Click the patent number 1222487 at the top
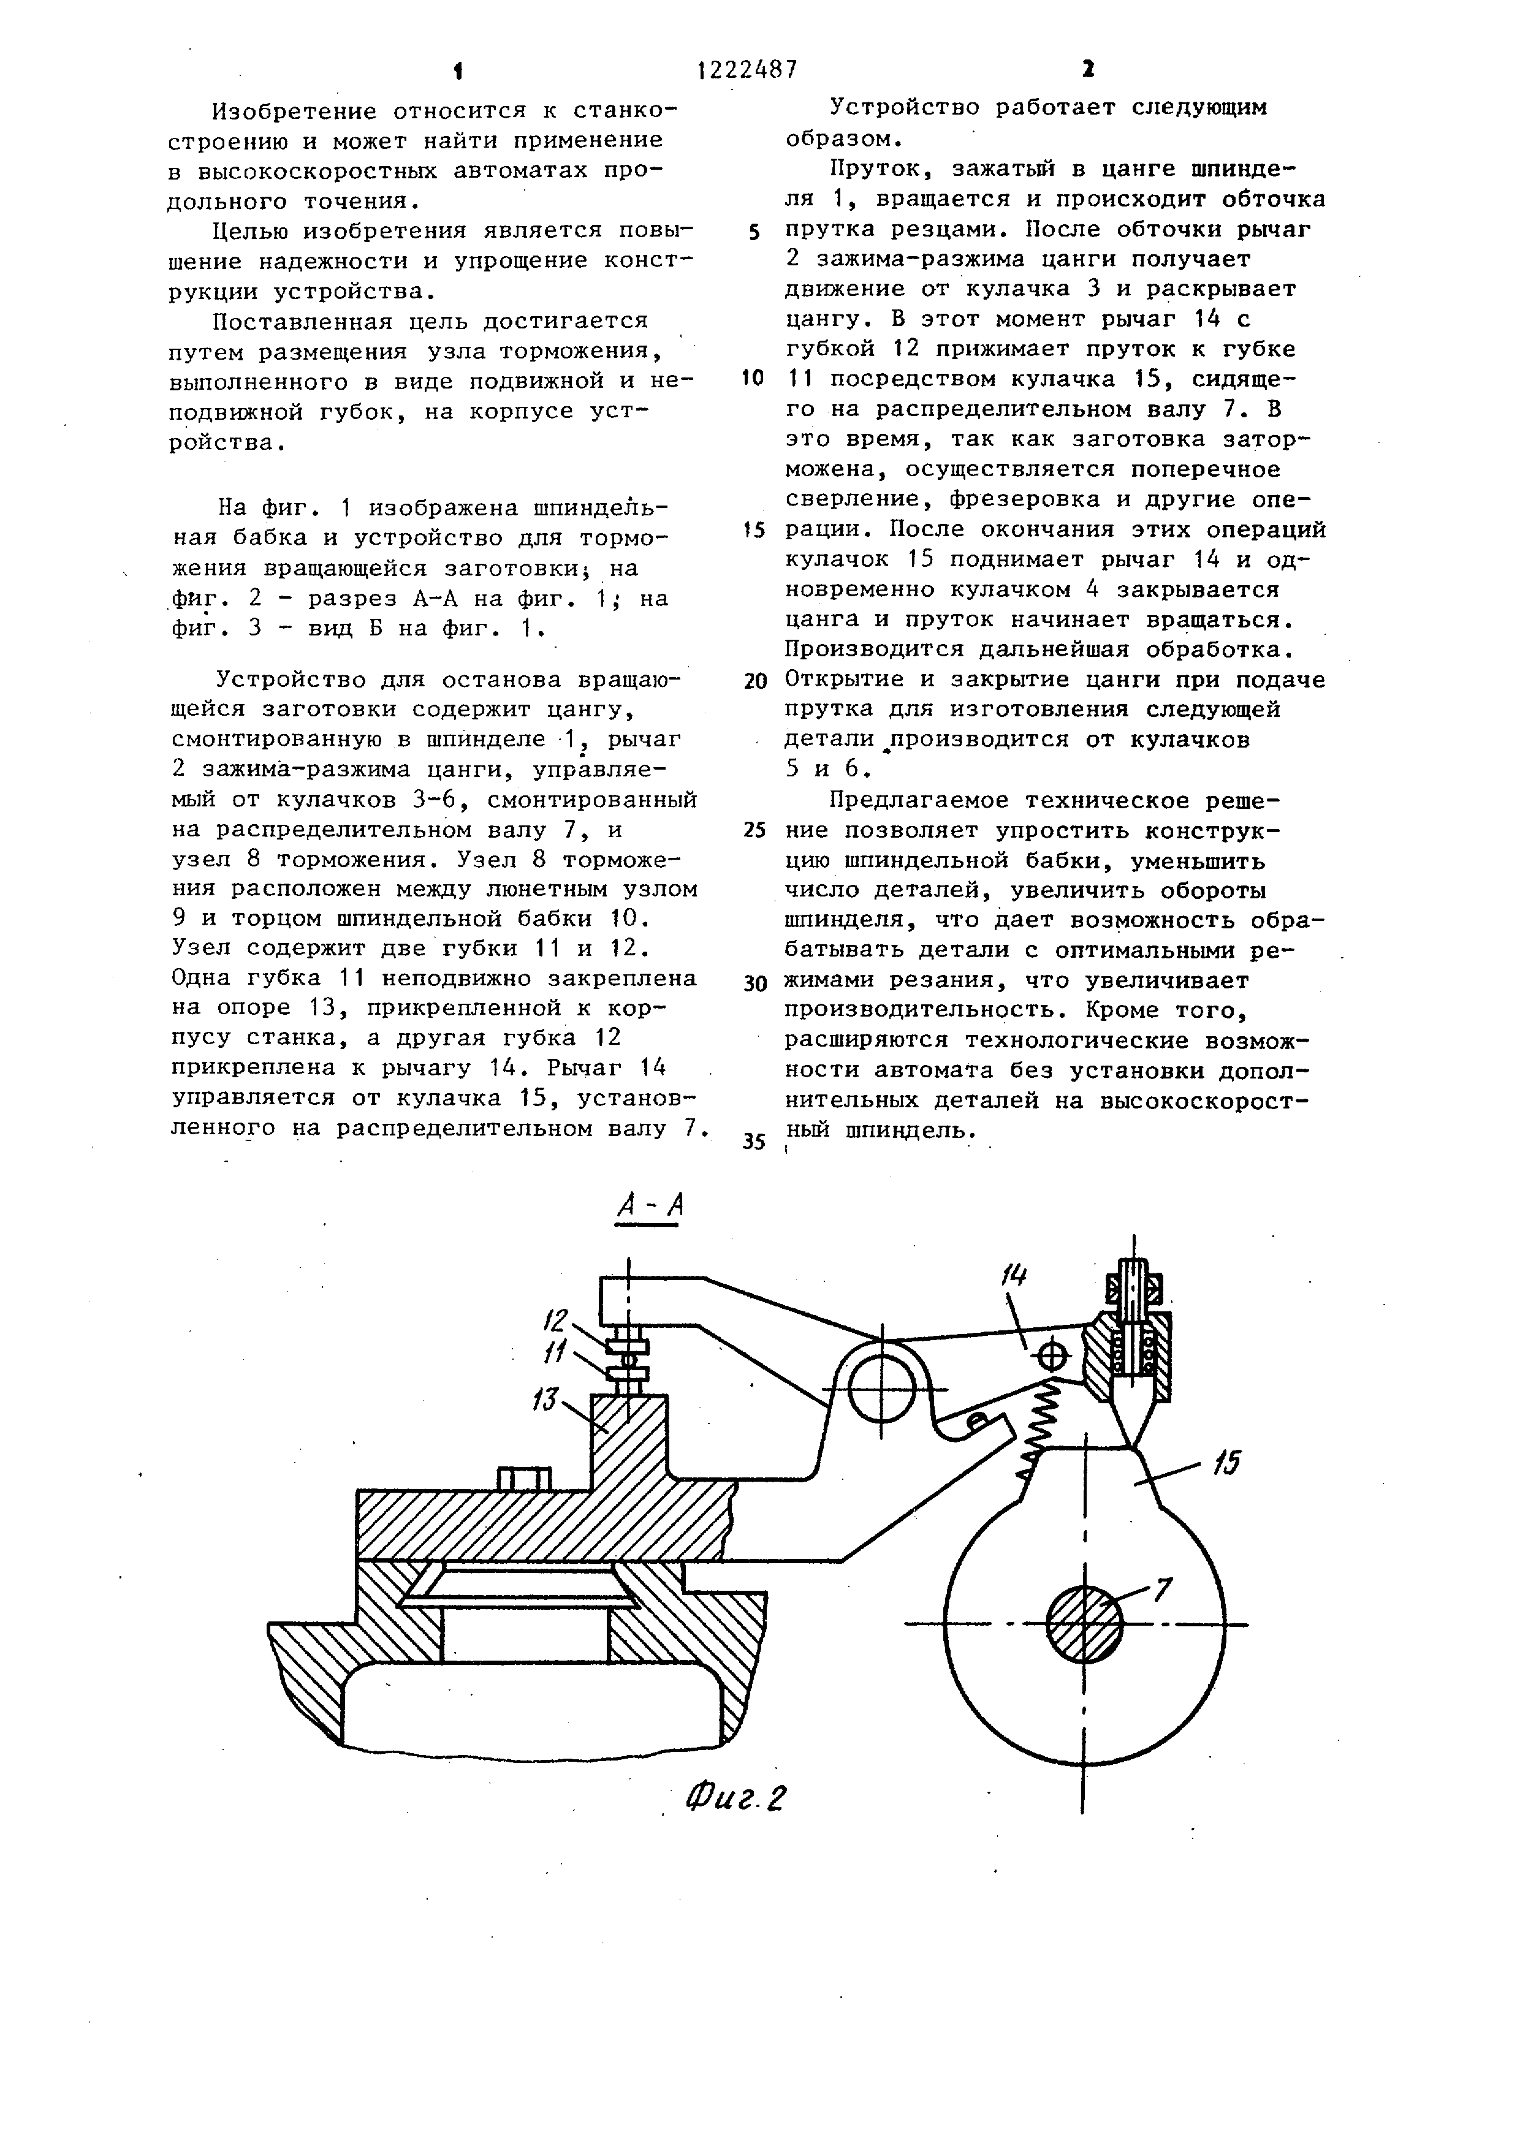tap(748, 69)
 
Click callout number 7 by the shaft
tap(1161, 1588)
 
